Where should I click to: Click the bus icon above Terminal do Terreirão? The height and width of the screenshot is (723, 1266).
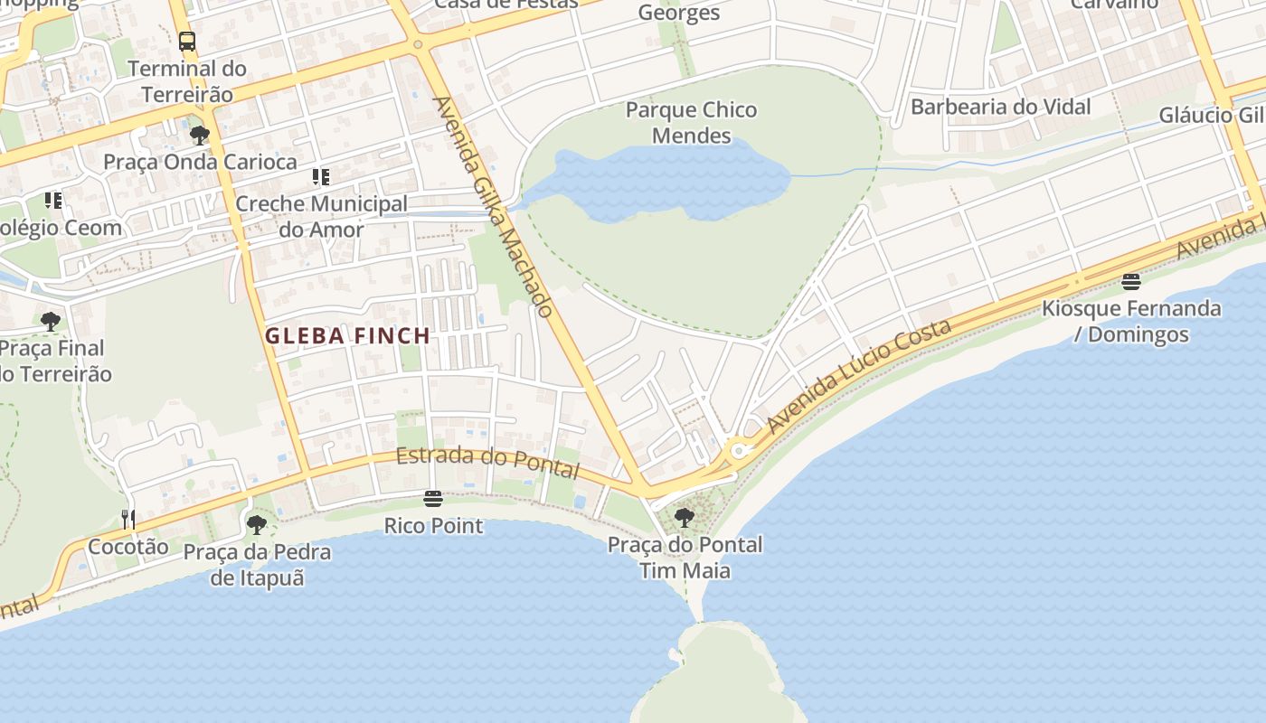[x=187, y=42]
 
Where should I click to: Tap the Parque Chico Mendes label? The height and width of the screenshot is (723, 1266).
[x=692, y=123]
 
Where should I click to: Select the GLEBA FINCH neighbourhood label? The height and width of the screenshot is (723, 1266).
[x=347, y=336]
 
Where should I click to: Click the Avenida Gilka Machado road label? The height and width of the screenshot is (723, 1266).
[x=494, y=207]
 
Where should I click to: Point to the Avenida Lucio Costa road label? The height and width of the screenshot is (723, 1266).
[x=858, y=374]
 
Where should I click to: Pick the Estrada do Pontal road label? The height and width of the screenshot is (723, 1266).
[x=487, y=461]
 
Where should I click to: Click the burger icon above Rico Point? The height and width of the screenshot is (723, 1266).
[x=433, y=499]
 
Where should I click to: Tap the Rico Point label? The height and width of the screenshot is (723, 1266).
[x=433, y=525]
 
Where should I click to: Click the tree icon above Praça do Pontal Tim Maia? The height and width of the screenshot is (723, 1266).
[x=685, y=518]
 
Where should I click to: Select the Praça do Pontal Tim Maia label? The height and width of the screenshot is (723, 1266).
[x=685, y=558]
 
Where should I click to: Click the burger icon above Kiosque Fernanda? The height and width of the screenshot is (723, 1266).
[x=1130, y=282]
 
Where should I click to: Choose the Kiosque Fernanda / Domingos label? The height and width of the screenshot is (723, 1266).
[x=1130, y=321]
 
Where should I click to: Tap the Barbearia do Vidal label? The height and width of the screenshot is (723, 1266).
[x=1000, y=107]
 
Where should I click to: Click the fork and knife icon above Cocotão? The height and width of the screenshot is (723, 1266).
[x=128, y=519]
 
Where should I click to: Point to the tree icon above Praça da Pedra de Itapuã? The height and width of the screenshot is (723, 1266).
[x=257, y=524]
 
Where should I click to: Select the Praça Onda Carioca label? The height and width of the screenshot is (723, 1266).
[x=200, y=162]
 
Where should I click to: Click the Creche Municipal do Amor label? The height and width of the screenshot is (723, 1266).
[x=321, y=217]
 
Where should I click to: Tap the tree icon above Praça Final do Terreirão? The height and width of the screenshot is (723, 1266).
[x=51, y=321]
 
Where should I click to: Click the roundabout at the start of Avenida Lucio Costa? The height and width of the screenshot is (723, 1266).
[x=739, y=450]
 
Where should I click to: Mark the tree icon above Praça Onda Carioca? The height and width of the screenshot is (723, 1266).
[x=200, y=136]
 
